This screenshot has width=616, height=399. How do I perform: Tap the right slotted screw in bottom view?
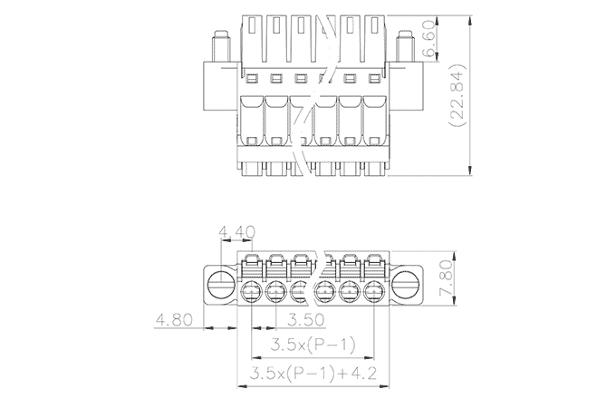pos(406,288)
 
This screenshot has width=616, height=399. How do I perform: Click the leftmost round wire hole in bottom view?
pos(254,291)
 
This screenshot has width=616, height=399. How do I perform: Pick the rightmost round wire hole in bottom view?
pos(373,291)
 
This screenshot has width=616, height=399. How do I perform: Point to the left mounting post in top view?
pos(220,44)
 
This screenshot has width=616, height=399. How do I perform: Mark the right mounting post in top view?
pos(404,44)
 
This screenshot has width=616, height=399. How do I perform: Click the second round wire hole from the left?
pos(277,291)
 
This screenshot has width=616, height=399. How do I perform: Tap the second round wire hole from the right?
pos(350,291)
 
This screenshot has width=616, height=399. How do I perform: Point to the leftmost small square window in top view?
pos(253,76)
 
